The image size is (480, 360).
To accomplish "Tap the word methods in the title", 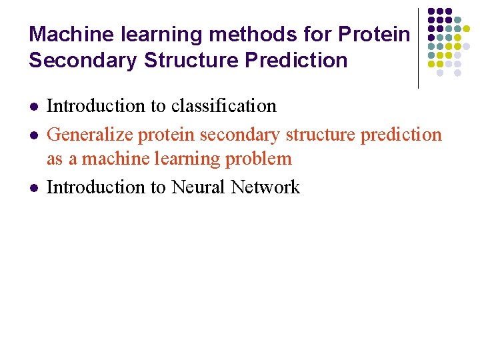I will pyautogui.click(x=243, y=34).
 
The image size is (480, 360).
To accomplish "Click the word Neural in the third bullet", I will pyautogui.click(x=198, y=187).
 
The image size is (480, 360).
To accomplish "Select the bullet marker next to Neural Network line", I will pyautogui.click(x=33, y=188).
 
